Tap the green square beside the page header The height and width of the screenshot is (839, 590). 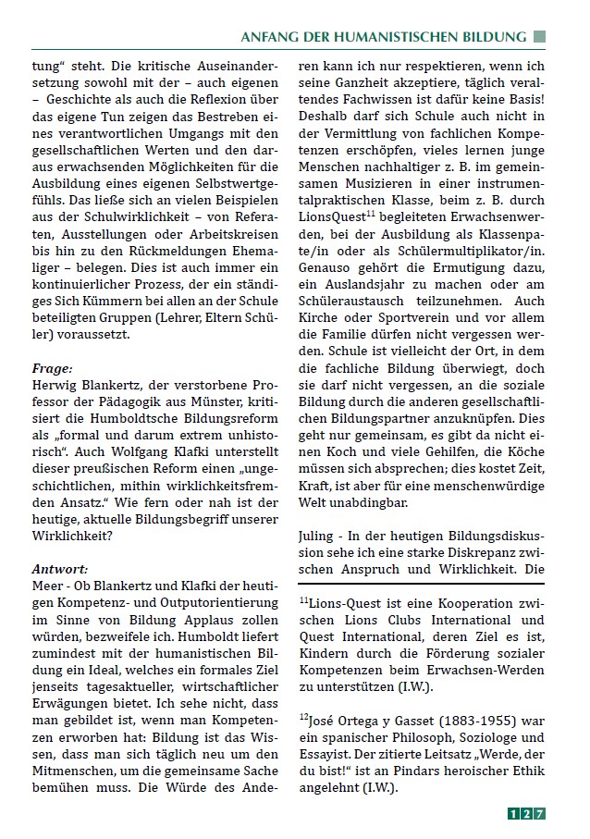(x=539, y=37)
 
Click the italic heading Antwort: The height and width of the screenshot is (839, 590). (x=60, y=567)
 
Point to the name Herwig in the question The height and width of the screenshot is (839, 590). (x=55, y=384)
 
